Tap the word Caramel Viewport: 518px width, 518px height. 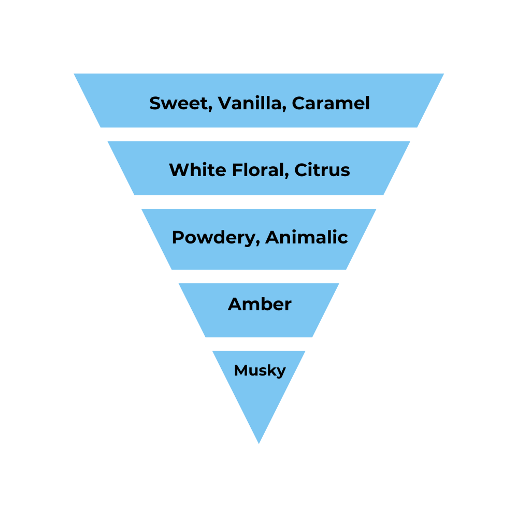(x=330, y=103)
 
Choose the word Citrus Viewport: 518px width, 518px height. (x=322, y=170)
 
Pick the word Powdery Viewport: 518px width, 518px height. (x=214, y=238)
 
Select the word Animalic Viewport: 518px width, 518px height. (x=306, y=237)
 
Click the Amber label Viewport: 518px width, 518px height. (x=260, y=304)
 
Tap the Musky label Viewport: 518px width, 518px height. (x=260, y=371)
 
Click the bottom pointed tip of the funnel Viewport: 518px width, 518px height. (x=259, y=442)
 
